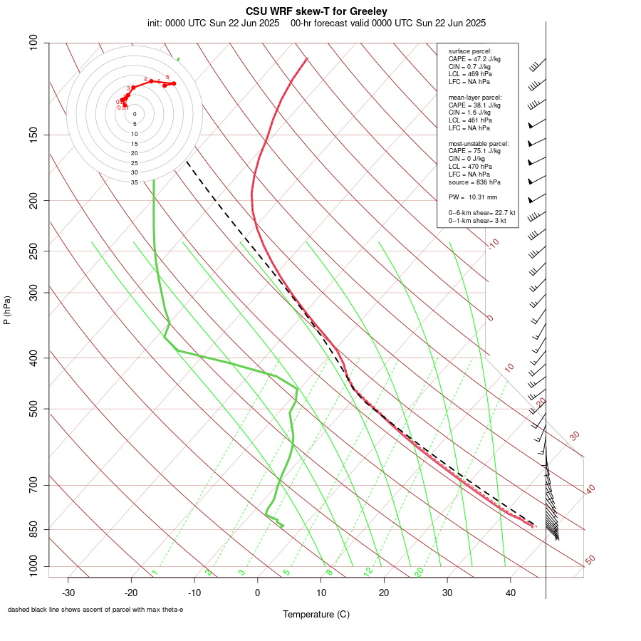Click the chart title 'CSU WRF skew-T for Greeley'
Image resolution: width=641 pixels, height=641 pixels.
[316, 11]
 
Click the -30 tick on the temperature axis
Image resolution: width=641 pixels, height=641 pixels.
[68, 592]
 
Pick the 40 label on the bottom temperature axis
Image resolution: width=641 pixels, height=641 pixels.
[511, 592]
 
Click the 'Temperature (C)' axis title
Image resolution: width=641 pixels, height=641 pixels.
[316, 614]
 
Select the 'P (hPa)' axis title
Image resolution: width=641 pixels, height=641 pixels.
[7, 310]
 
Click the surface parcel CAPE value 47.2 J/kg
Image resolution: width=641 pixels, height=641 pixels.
[474, 59]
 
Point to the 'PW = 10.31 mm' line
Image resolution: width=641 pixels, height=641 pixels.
[473, 197]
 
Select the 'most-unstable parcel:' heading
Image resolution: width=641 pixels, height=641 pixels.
[479, 143]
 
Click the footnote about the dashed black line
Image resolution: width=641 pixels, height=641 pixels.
[95, 610]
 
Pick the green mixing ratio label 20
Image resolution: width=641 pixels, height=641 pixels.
[419, 572]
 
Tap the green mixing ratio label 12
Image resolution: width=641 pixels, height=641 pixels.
[368, 572]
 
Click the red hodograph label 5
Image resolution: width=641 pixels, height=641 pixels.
[167, 77]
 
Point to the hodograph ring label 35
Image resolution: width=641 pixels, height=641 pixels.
[134, 182]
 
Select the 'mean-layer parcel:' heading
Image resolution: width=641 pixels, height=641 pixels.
[475, 97]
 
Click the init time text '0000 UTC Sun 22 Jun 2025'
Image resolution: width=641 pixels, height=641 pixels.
[222, 23]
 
